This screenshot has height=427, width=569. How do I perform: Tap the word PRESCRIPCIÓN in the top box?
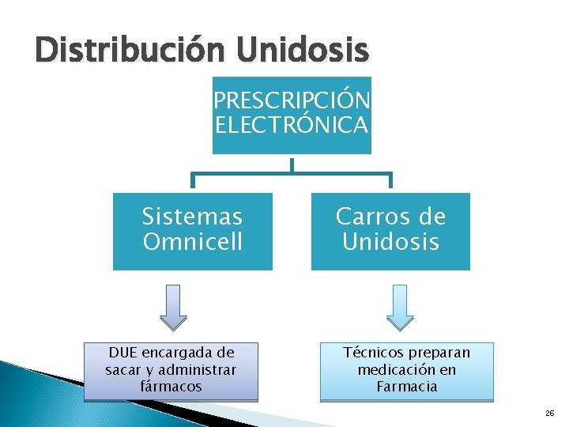292,101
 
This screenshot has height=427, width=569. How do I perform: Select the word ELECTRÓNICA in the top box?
292,124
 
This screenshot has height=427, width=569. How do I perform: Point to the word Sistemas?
192,216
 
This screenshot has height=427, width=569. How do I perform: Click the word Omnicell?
192,241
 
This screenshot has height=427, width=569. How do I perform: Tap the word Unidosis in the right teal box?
390,241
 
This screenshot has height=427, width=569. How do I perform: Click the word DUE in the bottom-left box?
123,352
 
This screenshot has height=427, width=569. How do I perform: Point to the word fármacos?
171,387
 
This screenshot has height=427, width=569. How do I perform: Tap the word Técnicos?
371,352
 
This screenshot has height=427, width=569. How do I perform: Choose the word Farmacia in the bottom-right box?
407,387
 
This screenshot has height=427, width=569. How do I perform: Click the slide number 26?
548,414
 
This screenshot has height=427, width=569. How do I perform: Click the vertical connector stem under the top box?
292,164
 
